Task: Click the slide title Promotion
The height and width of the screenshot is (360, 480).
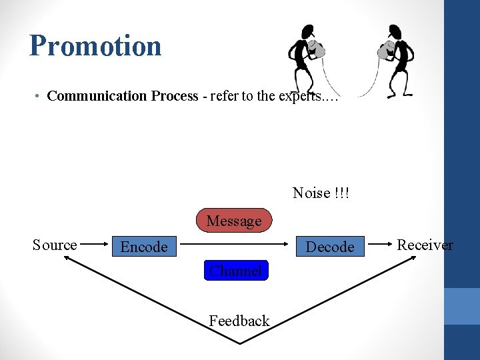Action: click(95, 46)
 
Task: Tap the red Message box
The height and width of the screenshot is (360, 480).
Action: click(234, 221)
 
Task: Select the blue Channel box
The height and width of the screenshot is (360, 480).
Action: click(235, 270)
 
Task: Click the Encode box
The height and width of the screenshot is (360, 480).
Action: click(144, 247)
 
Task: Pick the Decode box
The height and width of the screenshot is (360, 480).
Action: click(330, 247)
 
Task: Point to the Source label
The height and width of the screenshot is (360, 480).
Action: click(55, 245)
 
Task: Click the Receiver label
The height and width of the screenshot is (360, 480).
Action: click(425, 245)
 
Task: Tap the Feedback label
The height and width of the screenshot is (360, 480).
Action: click(239, 321)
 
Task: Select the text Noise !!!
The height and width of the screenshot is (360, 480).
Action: click(321, 193)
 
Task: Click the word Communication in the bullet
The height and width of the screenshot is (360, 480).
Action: click(97, 96)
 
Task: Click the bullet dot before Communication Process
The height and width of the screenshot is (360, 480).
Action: click(39, 97)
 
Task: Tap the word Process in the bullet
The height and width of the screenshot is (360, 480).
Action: click(175, 96)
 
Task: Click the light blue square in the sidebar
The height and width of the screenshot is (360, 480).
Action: click(462, 306)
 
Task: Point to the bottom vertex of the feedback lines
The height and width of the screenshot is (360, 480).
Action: click(240, 343)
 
